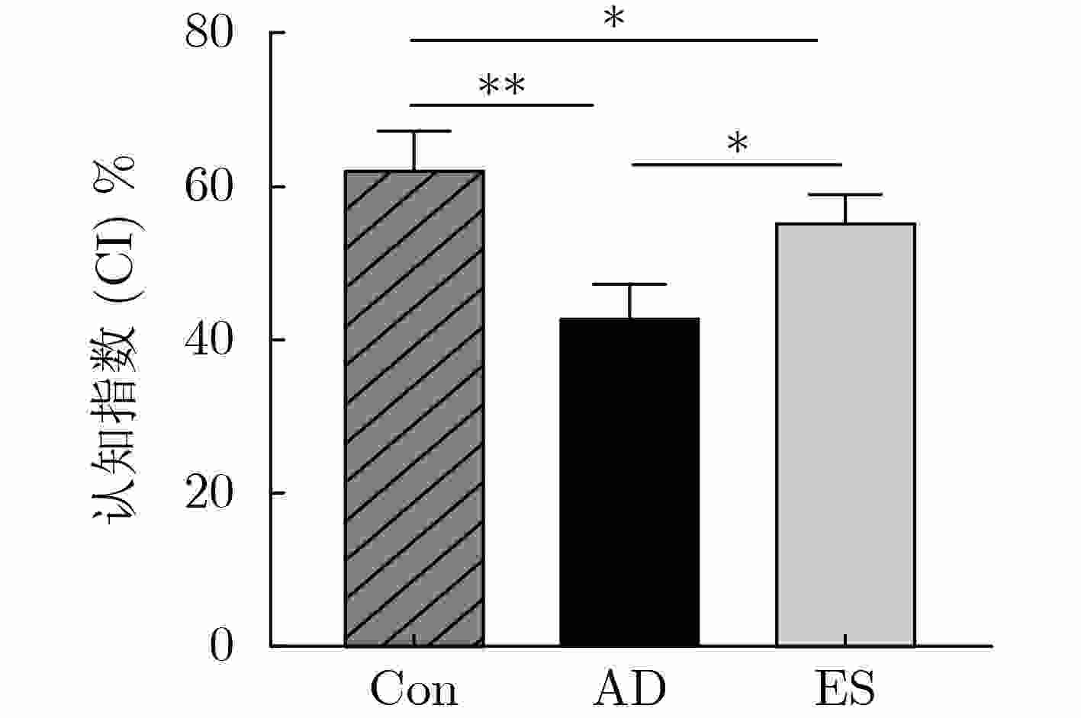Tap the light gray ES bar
(x=845, y=434)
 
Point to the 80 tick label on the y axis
(x=208, y=34)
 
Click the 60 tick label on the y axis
(x=208, y=188)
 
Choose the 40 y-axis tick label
(x=208, y=341)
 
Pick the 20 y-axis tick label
(x=208, y=494)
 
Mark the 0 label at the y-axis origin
(x=221, y=647)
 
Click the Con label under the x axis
(x=414, y=689)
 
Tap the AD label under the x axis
(x=629, y=689)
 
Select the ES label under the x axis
(x=845, y=689)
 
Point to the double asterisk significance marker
(x=501, y=85)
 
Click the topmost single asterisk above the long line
(x=613, y=19)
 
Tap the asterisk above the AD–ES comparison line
(x=737, y=143)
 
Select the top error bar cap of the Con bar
(x=414, y=132)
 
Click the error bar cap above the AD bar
(x=629, y=284)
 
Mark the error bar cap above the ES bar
(x=845, y=195)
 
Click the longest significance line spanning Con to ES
(x=613, y=40)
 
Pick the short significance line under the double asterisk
(x=501, y=104)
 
